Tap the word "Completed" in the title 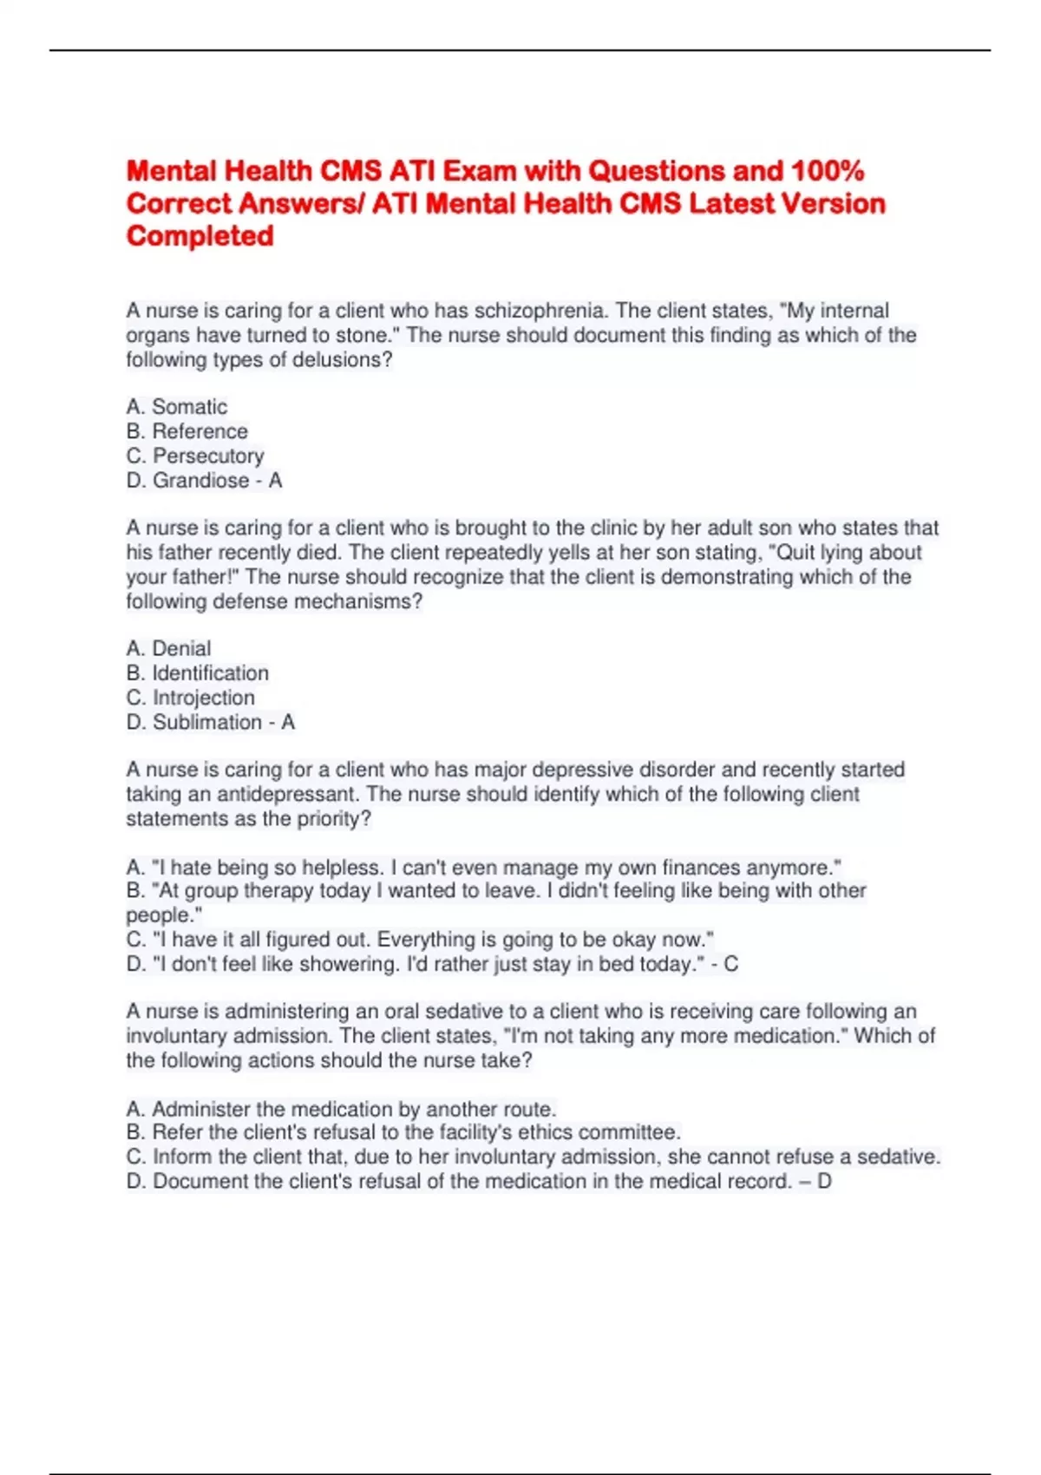[200, 236]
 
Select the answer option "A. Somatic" [177, 407]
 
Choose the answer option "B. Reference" [187, 431]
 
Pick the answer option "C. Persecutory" [195, 456]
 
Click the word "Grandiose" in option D [201, 481]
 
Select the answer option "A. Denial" [168, 648]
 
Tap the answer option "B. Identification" [197, 673]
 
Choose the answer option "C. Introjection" [190, 698]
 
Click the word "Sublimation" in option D [207, 722]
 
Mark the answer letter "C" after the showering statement [731, 964]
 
